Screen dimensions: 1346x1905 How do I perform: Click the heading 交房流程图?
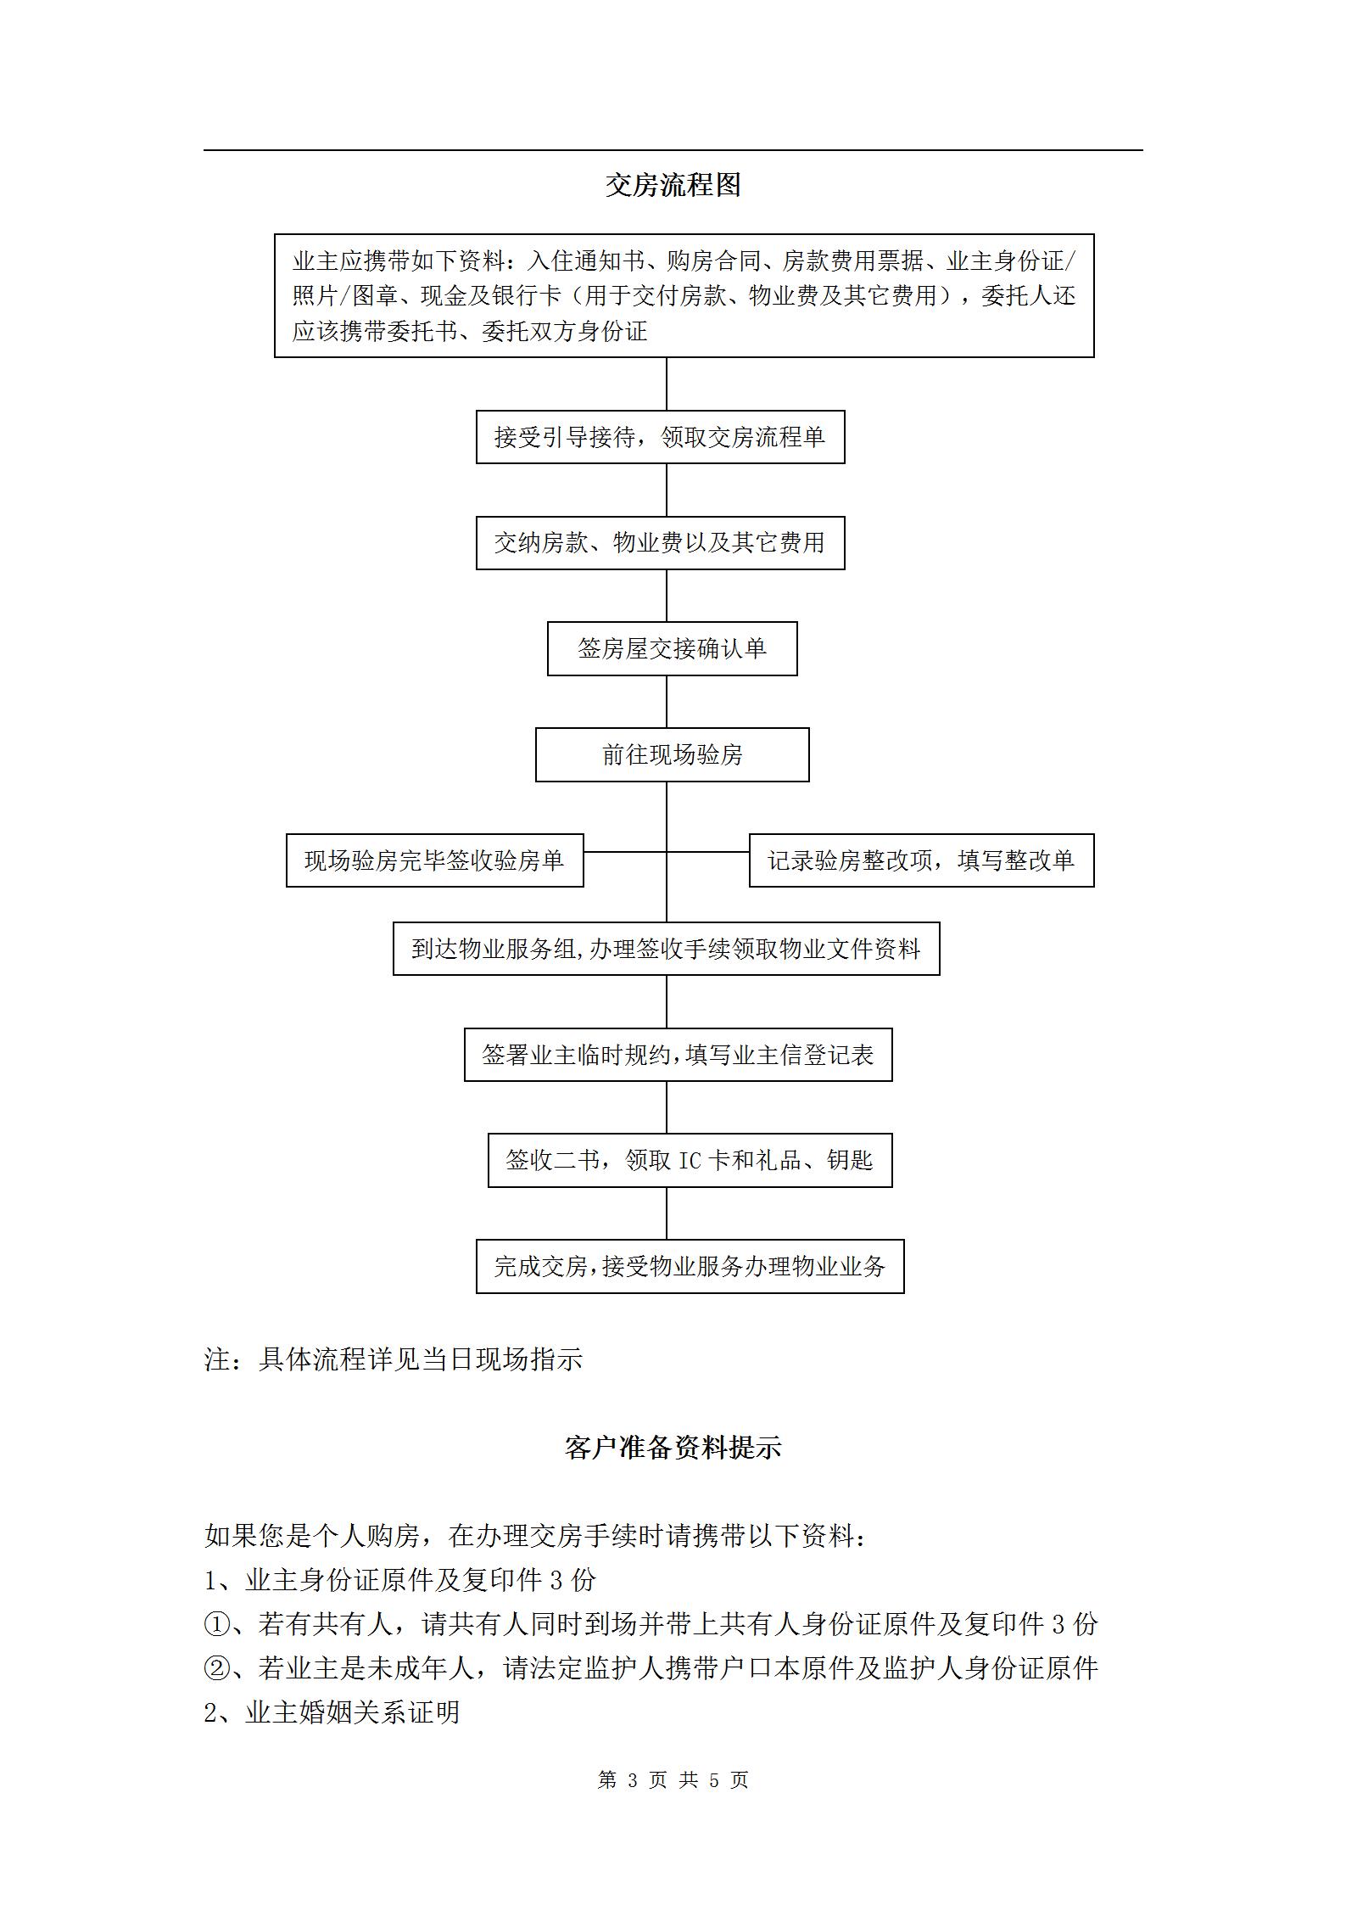click(x=673, y=185)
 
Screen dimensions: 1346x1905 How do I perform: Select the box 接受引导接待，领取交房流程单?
click(x=660, y=437)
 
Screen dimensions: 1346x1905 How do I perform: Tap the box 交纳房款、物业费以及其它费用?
click(x=660, y=542)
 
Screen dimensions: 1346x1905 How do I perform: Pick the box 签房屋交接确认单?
click(x=672, y=648)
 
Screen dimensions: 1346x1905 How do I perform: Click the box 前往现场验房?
click(x=672, y=754)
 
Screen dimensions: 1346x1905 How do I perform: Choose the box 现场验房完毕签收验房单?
click(x=434, y=860)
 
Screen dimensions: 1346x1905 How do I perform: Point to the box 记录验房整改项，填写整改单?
click(x=921, y=860)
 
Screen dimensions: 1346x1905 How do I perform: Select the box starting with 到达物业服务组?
click(x=666, y=949)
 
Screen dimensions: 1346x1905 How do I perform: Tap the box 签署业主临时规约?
click(x=678, y=1055)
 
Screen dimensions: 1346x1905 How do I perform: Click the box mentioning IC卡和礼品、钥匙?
click(x=690, y=1160)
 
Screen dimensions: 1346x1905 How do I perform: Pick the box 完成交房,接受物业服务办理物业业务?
click(x=690, y=1266)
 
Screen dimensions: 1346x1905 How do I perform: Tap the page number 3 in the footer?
click(x=631, y=1779)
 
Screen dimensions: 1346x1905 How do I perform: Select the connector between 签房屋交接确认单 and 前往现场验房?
click(x=666, y=702)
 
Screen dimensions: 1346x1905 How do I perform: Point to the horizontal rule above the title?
click(x=673, y=150)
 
